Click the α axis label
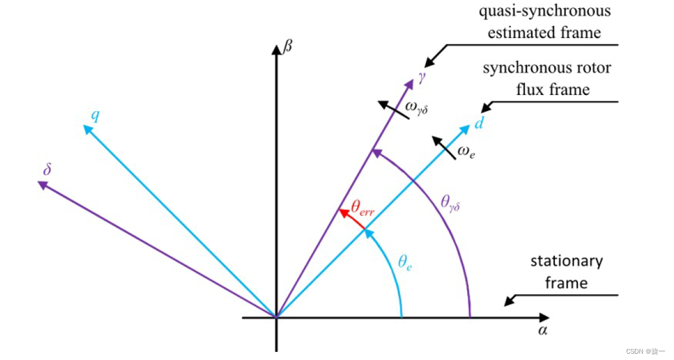542,331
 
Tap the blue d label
478,122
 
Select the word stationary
566,261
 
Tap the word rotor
596,68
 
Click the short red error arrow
352,221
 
